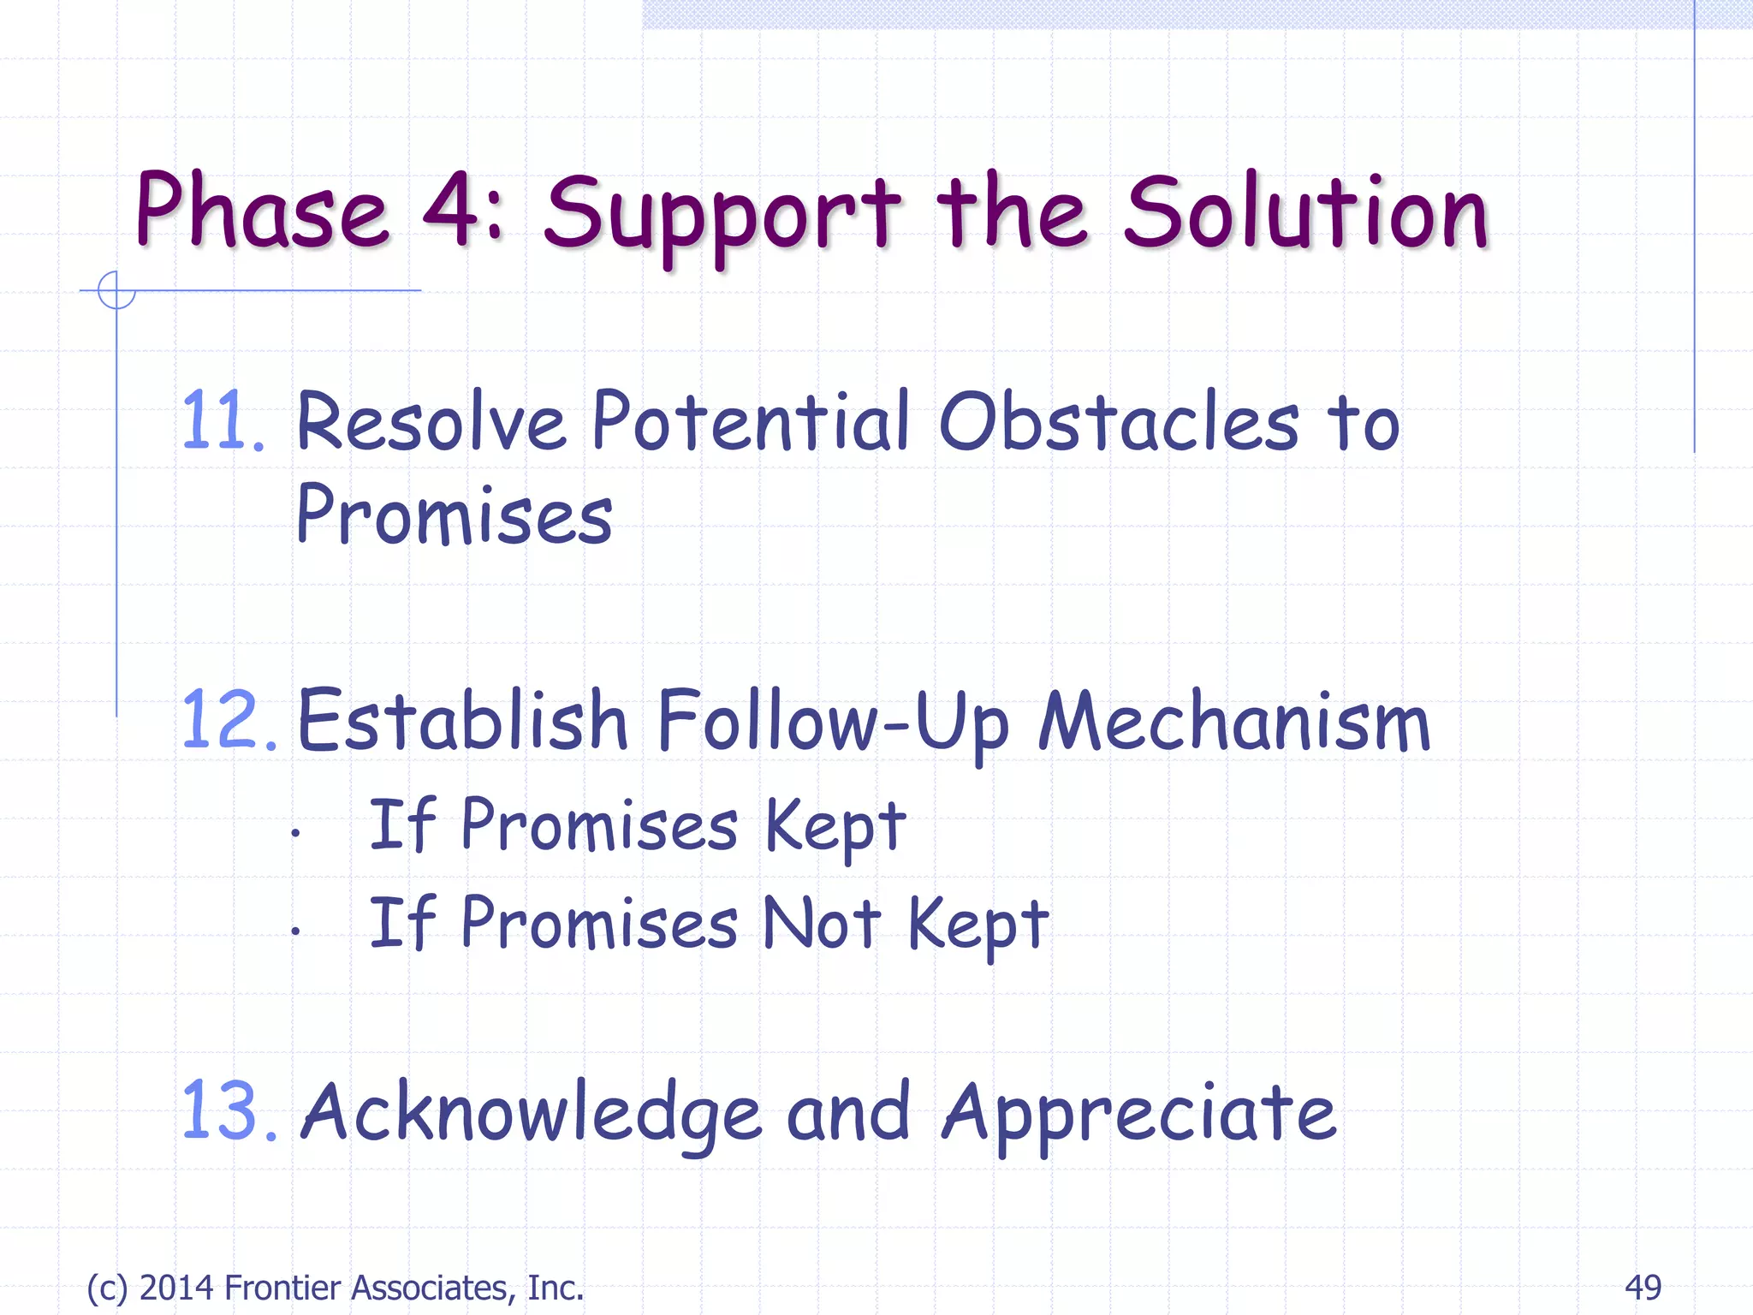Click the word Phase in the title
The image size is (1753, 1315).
[261, 211]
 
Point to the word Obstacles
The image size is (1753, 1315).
[1119, 421]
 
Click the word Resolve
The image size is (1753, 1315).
[431, 421]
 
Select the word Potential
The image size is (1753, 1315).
[750, 421]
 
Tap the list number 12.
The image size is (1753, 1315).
[228, 721]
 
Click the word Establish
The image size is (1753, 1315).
[462, 721]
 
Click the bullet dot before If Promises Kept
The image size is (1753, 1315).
[294, 832]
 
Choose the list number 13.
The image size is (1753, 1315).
[228, 1111]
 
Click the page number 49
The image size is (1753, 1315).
[1643, 1288]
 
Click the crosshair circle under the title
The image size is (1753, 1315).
[116, 290]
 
